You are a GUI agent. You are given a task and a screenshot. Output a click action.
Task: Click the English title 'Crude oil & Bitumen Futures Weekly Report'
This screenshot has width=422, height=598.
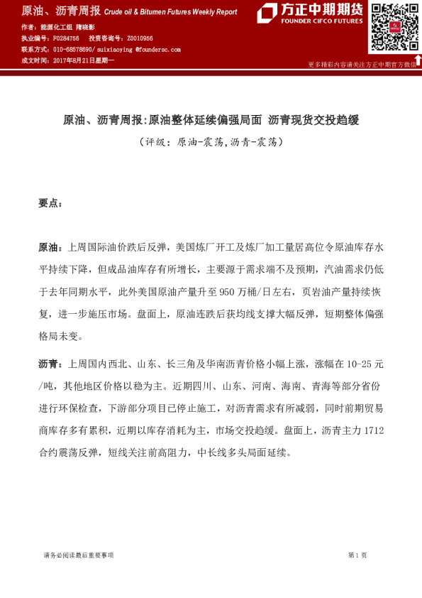click(x=170, y=13)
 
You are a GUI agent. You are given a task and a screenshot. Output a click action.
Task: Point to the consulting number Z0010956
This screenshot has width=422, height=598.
click(x=139, y=38)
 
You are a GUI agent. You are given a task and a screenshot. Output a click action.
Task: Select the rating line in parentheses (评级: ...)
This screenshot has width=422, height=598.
click(x=211, y=142)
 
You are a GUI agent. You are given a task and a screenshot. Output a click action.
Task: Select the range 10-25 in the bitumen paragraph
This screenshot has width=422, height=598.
click(x=357, y=364)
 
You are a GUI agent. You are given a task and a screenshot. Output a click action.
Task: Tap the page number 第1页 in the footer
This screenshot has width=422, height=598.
click(x=357, y=555)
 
